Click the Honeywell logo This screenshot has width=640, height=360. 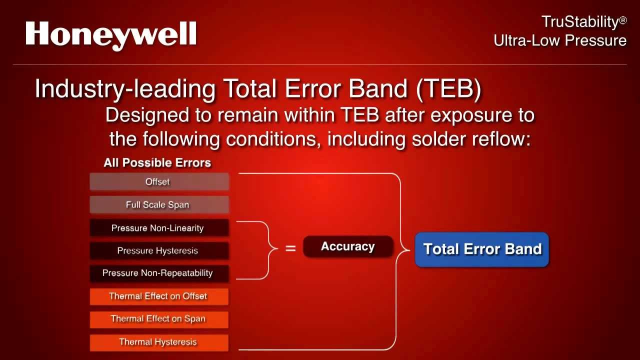tap(111, 34)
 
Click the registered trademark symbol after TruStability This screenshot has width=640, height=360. tap(622, 21)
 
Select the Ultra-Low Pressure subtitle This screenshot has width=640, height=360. tap(560, 40)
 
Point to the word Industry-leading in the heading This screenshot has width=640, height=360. tap(125, 89)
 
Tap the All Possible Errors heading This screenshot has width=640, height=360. tap(157, 163)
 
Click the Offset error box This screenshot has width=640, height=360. tap(159, 181)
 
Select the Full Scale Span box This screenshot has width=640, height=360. tap(159, 204)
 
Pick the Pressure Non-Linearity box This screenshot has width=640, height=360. tap(159, 228)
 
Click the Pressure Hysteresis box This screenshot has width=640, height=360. tap(159, 250)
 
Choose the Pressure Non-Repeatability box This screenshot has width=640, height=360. tap(159, 273)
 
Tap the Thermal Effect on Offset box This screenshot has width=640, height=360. tap(159, 296)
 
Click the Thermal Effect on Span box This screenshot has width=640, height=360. tap(159, 319)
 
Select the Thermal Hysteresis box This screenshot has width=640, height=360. tap(159, 342)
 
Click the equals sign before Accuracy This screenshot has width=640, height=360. tap(290, 248)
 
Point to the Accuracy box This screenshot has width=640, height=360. tap(348, 246)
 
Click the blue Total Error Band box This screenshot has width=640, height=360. tap(482, 249)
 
